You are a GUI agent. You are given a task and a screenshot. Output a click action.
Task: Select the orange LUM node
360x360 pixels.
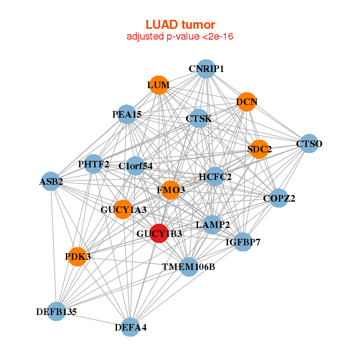(x=158, y=85)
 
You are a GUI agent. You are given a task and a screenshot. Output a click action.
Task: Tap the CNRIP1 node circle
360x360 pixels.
(x=206, y=69)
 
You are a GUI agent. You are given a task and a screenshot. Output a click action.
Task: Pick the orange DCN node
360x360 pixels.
(x=247, y=102)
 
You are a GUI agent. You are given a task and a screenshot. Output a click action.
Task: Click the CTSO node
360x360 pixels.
(x=309, y=143)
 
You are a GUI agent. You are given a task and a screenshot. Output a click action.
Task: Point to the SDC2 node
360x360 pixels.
(x=259, y=149)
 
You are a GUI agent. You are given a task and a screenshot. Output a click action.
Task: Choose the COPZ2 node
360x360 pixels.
(x=279, y=198)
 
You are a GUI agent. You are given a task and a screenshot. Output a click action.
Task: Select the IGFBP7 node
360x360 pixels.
(x=243, y=242)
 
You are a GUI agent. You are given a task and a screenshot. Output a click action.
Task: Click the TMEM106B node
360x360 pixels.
(x=188, y=266)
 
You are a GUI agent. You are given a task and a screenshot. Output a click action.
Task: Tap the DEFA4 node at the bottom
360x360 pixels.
(x=131, y=327)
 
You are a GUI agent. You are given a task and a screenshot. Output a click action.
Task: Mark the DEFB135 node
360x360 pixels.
(x=56, y=311)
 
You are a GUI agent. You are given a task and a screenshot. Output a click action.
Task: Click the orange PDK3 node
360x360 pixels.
(x=77, y=257)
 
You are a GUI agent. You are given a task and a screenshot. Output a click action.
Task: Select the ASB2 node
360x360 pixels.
(x=52, y=181)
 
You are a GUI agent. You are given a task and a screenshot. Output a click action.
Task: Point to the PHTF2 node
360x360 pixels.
(x=94, y=164)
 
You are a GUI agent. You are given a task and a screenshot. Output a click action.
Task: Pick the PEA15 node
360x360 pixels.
(x=127, y=114)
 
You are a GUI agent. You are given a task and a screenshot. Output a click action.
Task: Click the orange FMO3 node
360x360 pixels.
(x=171, y=190)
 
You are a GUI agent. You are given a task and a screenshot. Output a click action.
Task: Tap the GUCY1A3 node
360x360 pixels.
(x=124, y=209)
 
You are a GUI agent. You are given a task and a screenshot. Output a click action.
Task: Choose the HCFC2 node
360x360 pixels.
(x=215, y=177)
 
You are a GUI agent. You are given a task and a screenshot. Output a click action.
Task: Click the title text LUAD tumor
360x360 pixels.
(x=180, y=25)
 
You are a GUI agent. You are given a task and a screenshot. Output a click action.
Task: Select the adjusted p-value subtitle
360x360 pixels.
(x=180, y=37)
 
